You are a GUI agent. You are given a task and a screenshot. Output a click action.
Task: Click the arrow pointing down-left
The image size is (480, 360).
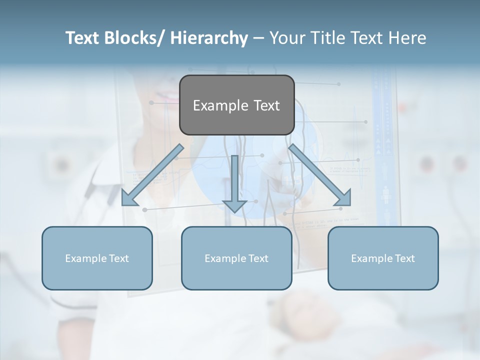pos(152,175)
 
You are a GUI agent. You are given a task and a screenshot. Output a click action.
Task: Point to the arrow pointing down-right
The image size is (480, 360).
pos(320,175)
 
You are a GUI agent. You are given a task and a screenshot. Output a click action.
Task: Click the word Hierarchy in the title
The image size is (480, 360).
pos(209,38)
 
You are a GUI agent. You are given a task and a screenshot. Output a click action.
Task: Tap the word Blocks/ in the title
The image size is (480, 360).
pos(135,38)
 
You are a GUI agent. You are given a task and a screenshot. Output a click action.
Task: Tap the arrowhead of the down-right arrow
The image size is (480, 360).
pos(344,198)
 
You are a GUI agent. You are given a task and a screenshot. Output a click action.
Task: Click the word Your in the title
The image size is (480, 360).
pos(286,38)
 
